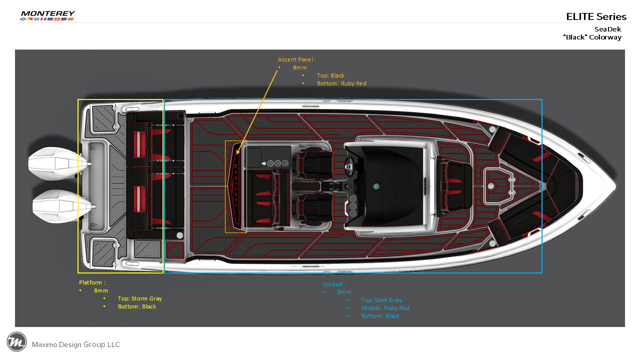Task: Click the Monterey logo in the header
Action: point(47,15)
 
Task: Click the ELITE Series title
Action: point(596,16)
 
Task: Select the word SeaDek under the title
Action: point(607,29)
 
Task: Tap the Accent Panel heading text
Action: point(297,59)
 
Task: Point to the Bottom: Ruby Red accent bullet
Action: point(341,83)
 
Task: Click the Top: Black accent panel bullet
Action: point(330,75)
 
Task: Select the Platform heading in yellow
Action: point(92,282)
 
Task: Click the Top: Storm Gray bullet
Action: point(140,298)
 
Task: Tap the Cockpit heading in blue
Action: point(334,284)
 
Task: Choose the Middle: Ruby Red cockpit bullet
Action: point(385,308)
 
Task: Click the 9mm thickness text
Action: point(344,292)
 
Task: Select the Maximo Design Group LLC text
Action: point(76,344)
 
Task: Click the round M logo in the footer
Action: point(16,342)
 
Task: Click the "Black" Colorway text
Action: point(592,37)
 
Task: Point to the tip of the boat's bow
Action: point(616,185)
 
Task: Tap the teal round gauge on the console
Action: point(376,186)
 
